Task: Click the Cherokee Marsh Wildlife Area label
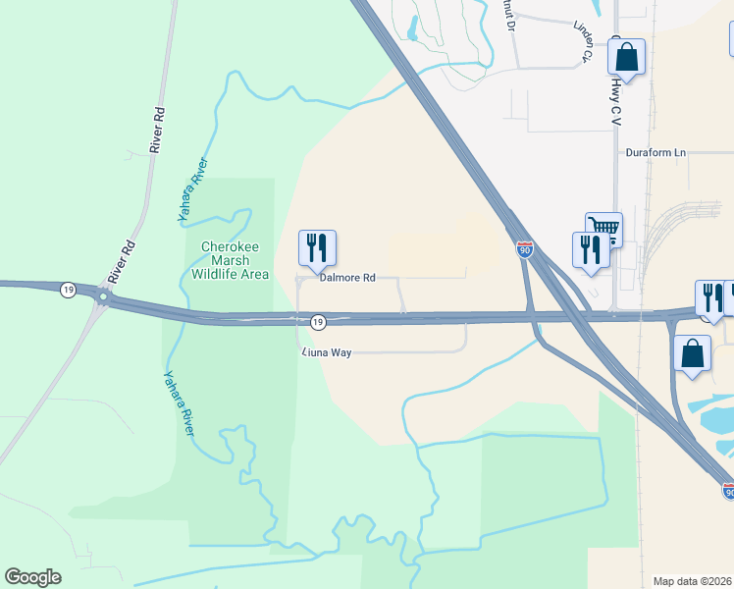[235, 260]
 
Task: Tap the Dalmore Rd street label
[347, 278]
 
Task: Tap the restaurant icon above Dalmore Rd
[317, 248]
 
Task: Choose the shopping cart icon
[603, 230]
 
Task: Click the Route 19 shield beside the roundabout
[67, 290]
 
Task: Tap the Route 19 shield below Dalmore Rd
[318, 322]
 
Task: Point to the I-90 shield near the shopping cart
[525, 249]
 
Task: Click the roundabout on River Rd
[102, 295]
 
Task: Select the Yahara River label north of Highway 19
[193, 189]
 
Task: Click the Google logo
[32, 577]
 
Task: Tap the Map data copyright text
[693, 581]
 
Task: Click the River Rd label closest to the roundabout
[123, 260]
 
